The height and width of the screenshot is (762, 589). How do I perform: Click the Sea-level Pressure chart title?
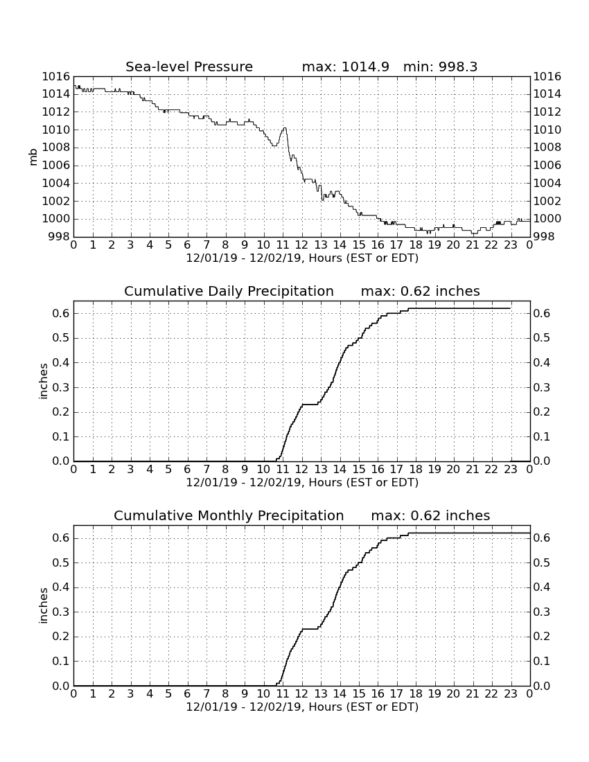189,67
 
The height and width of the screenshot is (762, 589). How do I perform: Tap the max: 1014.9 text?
346,67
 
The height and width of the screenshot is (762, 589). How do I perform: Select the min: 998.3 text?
440,67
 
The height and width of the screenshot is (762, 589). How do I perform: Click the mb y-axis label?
33,157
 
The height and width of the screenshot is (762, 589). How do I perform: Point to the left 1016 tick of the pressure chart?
56,76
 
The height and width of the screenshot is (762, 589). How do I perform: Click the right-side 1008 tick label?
547,148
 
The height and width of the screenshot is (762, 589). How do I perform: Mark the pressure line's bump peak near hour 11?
284,128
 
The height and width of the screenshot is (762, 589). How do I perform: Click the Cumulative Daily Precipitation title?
229,291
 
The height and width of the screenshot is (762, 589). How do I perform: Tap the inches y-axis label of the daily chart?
43,382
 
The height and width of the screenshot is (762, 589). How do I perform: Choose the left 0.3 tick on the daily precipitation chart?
61,387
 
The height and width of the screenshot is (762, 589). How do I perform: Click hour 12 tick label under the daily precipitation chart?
301,470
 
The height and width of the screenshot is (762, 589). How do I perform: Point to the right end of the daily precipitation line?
510,308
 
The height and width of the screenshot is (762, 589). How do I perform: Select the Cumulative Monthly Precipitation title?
229,515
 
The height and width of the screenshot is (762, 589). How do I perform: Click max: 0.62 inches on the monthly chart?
430,515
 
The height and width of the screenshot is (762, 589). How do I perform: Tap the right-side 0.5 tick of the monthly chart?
542,562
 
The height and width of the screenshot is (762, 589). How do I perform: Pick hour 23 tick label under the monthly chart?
510,694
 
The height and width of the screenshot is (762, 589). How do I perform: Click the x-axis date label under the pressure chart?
302,258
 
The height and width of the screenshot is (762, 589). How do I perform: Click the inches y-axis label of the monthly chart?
43,606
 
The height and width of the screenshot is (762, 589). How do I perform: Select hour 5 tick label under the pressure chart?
168,245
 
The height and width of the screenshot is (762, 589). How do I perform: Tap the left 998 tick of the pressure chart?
59,237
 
